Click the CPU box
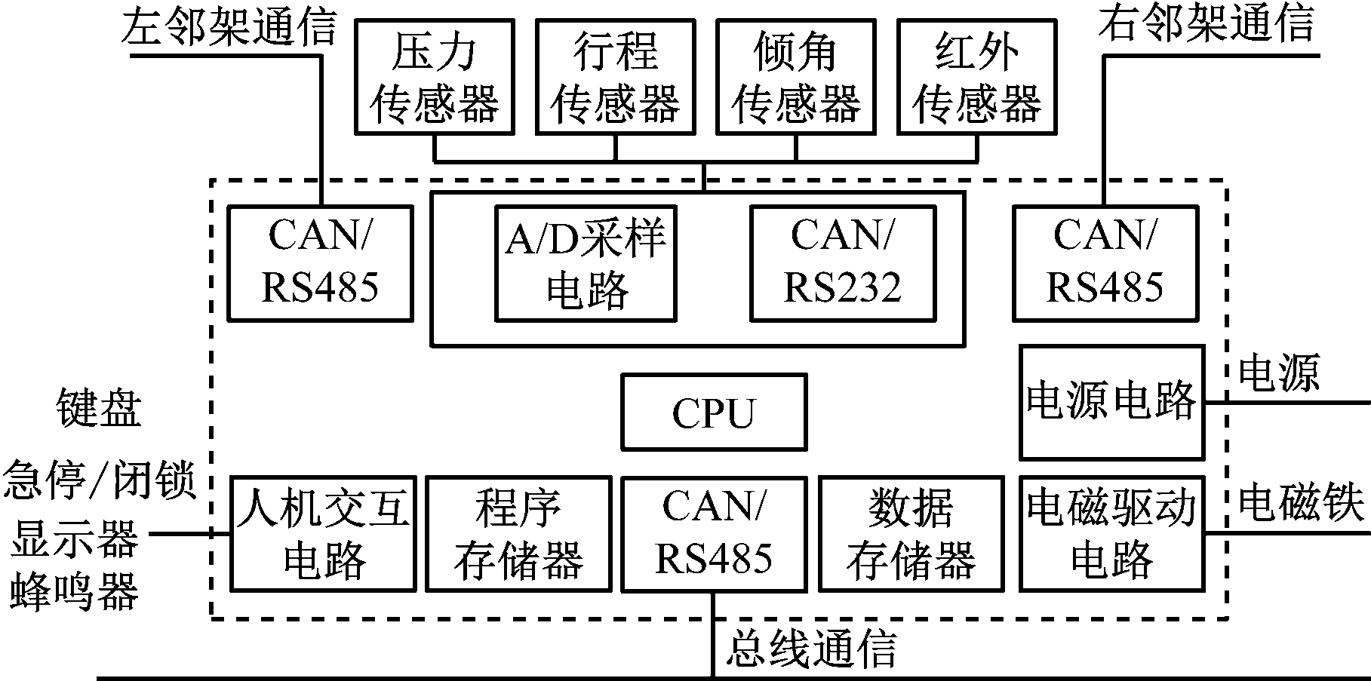[713, 412]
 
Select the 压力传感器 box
[434, 77]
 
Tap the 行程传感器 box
[615, 77]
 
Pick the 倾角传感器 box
[795, 77]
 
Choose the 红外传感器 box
[976, 77]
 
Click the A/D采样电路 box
[585, 263]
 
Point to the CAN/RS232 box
[842, 263]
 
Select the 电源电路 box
[1111, 402]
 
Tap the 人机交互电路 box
[323, 533]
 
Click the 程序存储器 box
[518, 533]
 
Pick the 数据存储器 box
[911, 533]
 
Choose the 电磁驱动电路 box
[1111, 533]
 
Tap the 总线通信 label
[812, 648]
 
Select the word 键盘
[99, 408]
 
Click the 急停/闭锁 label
[99, 480]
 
